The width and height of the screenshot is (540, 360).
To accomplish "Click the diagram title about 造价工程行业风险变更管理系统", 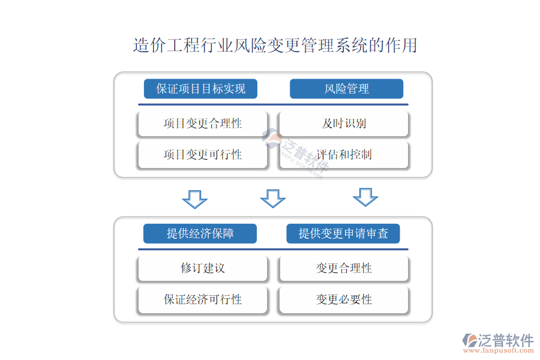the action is [275, 46].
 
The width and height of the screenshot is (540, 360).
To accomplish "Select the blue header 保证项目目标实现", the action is [200, 89].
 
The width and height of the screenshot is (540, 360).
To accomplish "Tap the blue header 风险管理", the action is [346, 89].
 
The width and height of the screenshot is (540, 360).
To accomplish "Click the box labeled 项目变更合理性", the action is [203, 124].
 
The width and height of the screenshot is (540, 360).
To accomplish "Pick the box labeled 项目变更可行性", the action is [203, 155].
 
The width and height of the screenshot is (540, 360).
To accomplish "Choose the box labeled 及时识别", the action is [344, 124].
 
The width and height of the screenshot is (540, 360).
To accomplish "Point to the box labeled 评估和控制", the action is [344, 155].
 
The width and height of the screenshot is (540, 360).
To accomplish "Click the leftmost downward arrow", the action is [194, 199].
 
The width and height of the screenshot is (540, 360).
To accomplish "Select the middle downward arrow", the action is [273, 199].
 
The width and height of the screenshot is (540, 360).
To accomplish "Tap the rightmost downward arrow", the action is [365, 197].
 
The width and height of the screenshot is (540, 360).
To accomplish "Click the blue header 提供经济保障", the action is [200, 233].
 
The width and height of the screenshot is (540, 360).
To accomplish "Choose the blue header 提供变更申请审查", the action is [343, 233].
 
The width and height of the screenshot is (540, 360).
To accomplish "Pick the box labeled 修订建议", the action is [203, 268].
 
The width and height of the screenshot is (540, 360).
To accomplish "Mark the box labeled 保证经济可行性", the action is [203, 299].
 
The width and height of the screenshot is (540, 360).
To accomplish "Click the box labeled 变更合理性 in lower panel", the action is [344, 268].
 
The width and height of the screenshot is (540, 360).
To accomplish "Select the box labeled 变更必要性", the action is [344, 299].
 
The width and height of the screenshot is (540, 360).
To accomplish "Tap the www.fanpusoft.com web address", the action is [499, 350].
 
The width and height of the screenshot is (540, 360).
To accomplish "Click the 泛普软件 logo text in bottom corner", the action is [505, 340].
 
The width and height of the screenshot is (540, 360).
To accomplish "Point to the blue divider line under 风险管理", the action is [273, 104].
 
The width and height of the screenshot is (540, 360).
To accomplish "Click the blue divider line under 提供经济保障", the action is [273, 249].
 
